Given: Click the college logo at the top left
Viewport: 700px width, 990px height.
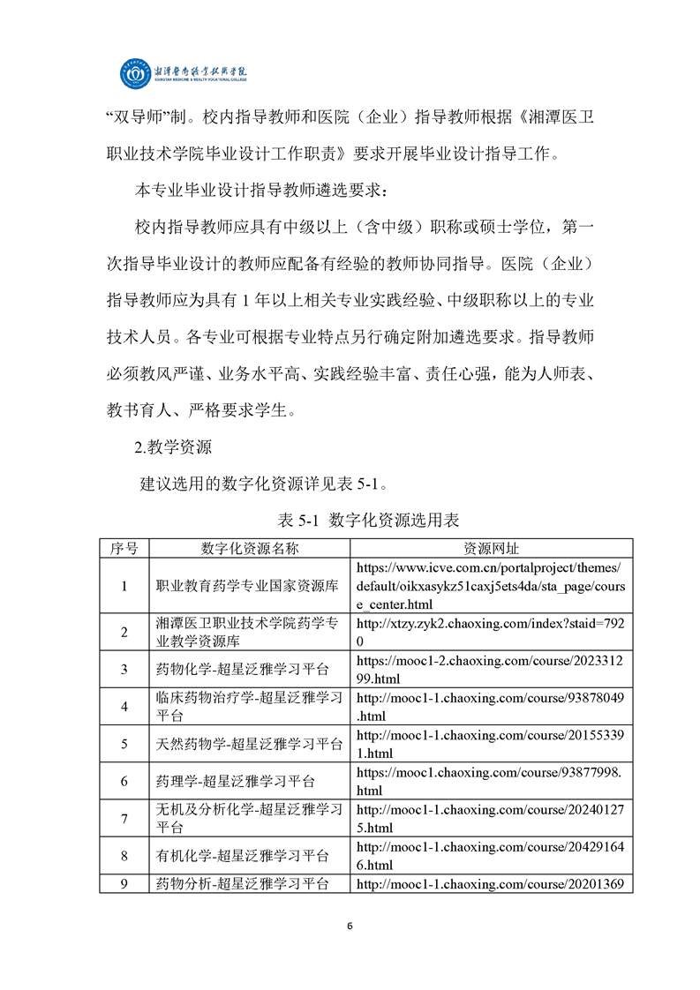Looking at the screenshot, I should (x=136, y=75).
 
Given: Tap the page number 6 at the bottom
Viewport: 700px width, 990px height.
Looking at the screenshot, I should (x=350, y=926).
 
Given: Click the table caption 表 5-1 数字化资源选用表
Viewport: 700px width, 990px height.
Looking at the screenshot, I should (x=350, y=520).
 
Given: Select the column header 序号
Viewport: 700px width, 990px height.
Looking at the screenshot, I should (x=124, y=548).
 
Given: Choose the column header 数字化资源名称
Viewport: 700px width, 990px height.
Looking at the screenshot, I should (x=250, y=548).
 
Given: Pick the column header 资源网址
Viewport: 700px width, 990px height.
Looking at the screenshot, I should (x=492, y=548).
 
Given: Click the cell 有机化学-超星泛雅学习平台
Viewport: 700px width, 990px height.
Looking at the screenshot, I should (x=242, y=855).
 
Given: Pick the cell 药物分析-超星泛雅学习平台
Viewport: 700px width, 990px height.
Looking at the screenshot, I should (x=242, y=883).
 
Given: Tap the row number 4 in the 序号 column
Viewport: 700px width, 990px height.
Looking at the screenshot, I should (x=124, y=706).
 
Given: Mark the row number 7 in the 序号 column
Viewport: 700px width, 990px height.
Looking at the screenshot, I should (x=124, y=818).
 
